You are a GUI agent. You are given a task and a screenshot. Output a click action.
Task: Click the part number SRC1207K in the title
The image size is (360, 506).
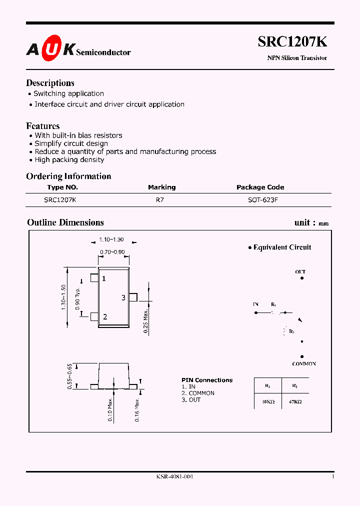(292, 42)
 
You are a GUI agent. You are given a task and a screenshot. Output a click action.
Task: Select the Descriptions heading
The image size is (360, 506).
(50, 83)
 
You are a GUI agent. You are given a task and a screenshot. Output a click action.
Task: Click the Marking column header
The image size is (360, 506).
(161, 187)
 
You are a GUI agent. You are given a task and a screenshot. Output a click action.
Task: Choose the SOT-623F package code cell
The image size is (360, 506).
(260, 199)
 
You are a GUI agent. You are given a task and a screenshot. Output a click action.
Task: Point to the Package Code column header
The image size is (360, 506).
(260, 187)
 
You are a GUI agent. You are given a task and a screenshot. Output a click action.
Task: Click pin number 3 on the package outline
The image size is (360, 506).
(123, 298)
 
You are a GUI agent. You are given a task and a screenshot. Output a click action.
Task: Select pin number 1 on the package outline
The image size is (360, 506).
(104, 278)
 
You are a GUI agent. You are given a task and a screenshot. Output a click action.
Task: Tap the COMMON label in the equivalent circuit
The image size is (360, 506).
(304, 364)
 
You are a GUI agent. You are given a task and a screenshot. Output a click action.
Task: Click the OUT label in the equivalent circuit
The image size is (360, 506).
(300, 272)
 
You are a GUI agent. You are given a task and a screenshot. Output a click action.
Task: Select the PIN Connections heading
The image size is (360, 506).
(207, 380)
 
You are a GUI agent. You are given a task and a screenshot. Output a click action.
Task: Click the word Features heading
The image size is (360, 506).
(43, 126)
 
